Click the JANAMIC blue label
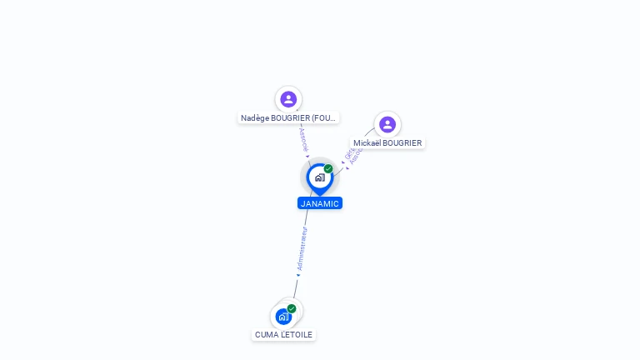[320, 203]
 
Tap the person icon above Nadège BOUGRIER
[288, 99]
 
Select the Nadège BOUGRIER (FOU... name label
[288, 118]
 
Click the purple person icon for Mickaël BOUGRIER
[387, 125]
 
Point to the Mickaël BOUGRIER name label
[387, 143]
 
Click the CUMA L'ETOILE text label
[284, 335]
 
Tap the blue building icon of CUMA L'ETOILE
[283, 317]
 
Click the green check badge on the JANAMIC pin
[328, 169]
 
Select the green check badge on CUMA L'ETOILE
[292, 308]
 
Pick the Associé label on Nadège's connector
[303, 138]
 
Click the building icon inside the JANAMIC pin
[319, 177]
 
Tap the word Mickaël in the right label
[367, 143]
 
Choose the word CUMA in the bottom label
[266, 335]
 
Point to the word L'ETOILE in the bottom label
[296, 335]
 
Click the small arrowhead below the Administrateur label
[297, 274]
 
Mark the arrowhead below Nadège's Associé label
[307, 156]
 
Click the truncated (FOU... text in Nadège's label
[325, 118]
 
